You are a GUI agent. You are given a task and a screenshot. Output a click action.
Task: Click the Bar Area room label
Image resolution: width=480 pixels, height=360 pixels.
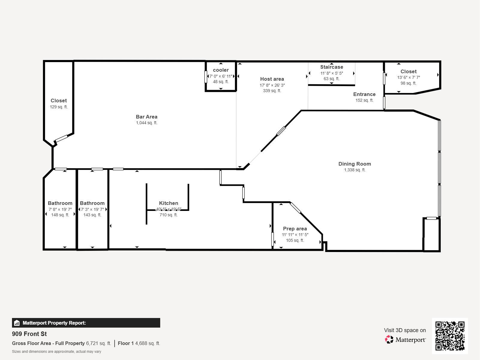tap(146, 117)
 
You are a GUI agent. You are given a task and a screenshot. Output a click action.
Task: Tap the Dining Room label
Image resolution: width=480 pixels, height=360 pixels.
tap(355, 164)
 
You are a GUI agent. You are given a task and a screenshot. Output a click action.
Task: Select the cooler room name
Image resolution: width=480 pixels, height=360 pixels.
tap(221, 70)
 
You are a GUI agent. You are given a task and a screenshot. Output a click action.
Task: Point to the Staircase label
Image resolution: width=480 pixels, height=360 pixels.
tap(332, 67)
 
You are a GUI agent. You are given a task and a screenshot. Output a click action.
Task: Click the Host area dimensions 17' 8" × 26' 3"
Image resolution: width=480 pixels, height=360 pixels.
tap(272, 85)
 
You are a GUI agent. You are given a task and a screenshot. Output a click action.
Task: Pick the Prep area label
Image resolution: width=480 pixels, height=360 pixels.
tap(295, 229)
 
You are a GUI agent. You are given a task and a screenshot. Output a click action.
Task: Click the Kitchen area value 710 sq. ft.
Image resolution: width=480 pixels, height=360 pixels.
tap(169, 215)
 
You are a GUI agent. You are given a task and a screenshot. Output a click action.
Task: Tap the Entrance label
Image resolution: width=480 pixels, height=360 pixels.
tap(364, 94)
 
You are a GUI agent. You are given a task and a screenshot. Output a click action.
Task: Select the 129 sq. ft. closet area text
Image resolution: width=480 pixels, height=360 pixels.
tap(58, 107)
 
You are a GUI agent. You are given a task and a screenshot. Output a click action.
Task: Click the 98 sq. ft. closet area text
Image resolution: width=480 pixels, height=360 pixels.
tap(409, 83)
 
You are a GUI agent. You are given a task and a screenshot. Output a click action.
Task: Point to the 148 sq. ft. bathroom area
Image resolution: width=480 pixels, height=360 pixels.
tap(60, 215)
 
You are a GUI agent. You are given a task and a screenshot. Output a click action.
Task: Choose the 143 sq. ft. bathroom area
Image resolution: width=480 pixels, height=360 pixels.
tap(92, 215)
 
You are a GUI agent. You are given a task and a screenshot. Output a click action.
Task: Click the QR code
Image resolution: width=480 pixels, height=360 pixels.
tap(450, 336)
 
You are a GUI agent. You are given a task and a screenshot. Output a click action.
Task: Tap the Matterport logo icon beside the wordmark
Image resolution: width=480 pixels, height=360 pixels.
tap(389, 340)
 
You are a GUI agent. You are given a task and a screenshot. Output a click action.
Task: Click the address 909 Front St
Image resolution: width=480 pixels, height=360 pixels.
tap(29, 334)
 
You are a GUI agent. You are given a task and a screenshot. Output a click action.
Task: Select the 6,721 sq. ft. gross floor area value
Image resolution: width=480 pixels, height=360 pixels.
tap(99, 343)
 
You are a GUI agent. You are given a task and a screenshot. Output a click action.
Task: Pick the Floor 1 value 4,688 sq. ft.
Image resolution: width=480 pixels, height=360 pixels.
tap(148, 343)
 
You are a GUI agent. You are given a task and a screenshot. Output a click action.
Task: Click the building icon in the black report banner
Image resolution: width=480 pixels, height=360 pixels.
tap(17, 323)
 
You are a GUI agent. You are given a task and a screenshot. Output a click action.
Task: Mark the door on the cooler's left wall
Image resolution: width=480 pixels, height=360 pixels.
tap(206, 77)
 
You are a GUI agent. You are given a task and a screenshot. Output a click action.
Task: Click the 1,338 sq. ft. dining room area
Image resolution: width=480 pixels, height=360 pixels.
tap(355, 170)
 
